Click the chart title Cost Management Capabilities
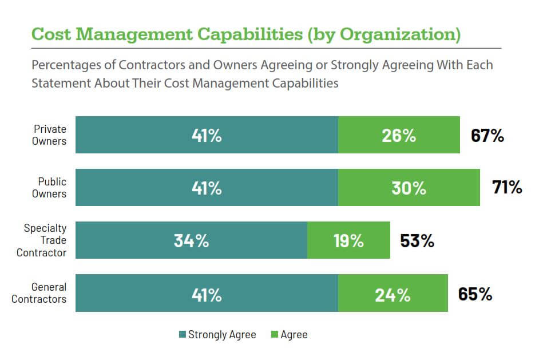(246, 34)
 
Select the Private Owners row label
(49, 135)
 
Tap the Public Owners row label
(52, 188)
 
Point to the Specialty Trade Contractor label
(45, 240)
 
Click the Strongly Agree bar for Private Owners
(207, 135)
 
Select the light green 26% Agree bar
(399, 135)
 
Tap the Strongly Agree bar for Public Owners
(207, 188)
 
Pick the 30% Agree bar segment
(409, 188)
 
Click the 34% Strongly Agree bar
(191, 240)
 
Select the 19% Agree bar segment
(348, 240)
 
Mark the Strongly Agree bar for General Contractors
(207, 293)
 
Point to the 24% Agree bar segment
(393, 293)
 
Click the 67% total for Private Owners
(487, 136)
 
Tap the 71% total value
(507, 187)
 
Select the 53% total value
(417, 240)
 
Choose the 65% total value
(475, 294)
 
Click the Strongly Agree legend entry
(217, 335)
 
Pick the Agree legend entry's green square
(274, 335)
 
